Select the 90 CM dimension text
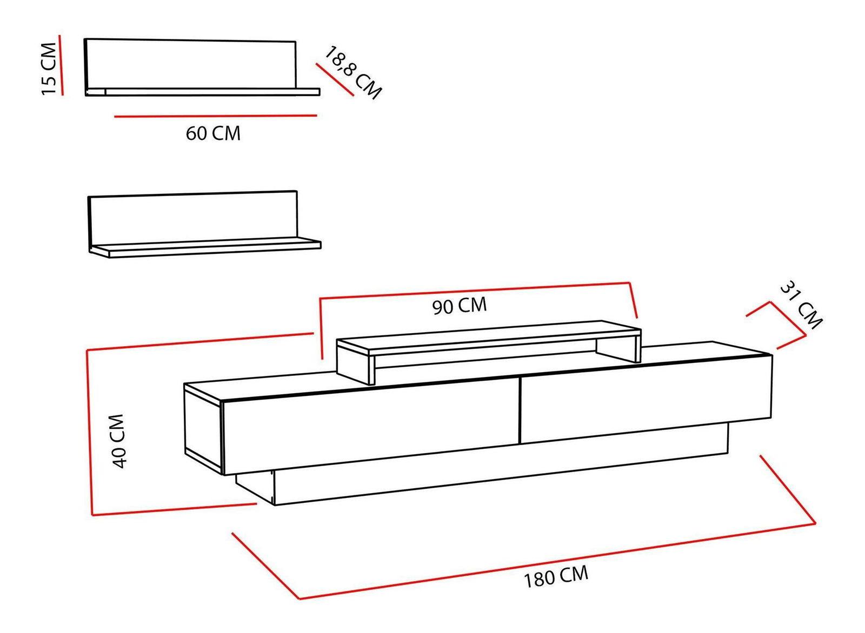pyautogui.click(x=460, y=306)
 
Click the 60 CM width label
pyautogui.click(x=213, y=133)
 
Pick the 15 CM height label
pyautogui.click(x=49, y=69)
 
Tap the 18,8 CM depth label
pyautogui.click(x=353, y=73)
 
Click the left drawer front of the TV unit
pyautogui.click(x=370, y=427)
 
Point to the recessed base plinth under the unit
pyautogui.click(x=487, y=475)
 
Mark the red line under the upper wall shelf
pyautogui.click(x=215, y=116)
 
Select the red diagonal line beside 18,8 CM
pyautogui.click(x=335, y=80)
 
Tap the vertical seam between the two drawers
pyautogui.click(x=519, y=410)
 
